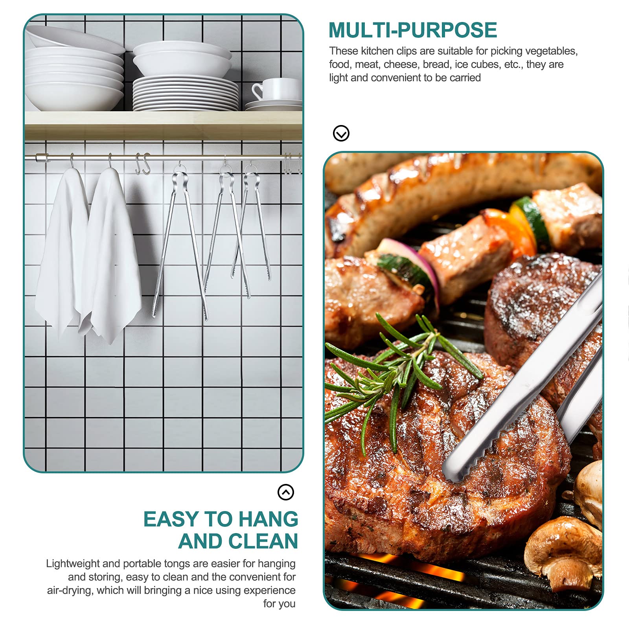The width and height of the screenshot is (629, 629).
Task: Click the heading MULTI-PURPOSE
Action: pyautogui.click(x=413, y=30)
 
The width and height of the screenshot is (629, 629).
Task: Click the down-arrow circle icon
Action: pyautogui.click(x=341, y=133)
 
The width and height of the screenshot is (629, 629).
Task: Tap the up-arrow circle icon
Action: pyautogui.click(x=286, y=492)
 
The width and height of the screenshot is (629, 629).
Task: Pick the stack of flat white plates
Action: pyautogui.click(x=186, y=94)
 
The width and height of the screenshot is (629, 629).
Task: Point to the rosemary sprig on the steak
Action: pyautogui.click(x=397, y=373)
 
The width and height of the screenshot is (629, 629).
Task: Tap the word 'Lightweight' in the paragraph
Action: pyautogui.click(x=73, y=564)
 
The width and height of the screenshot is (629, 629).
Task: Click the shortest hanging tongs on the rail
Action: pyautogui.click(x=252, y=224)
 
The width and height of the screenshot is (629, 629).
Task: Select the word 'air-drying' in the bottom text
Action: pyautogui.click(x=70, y=590)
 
